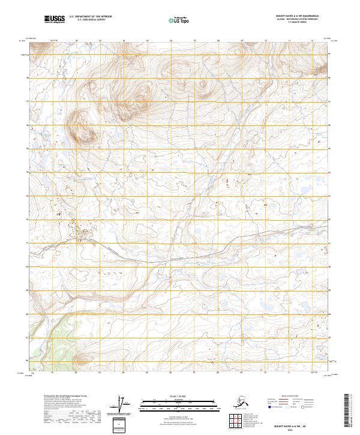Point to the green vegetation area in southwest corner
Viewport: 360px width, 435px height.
pos(48,342)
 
